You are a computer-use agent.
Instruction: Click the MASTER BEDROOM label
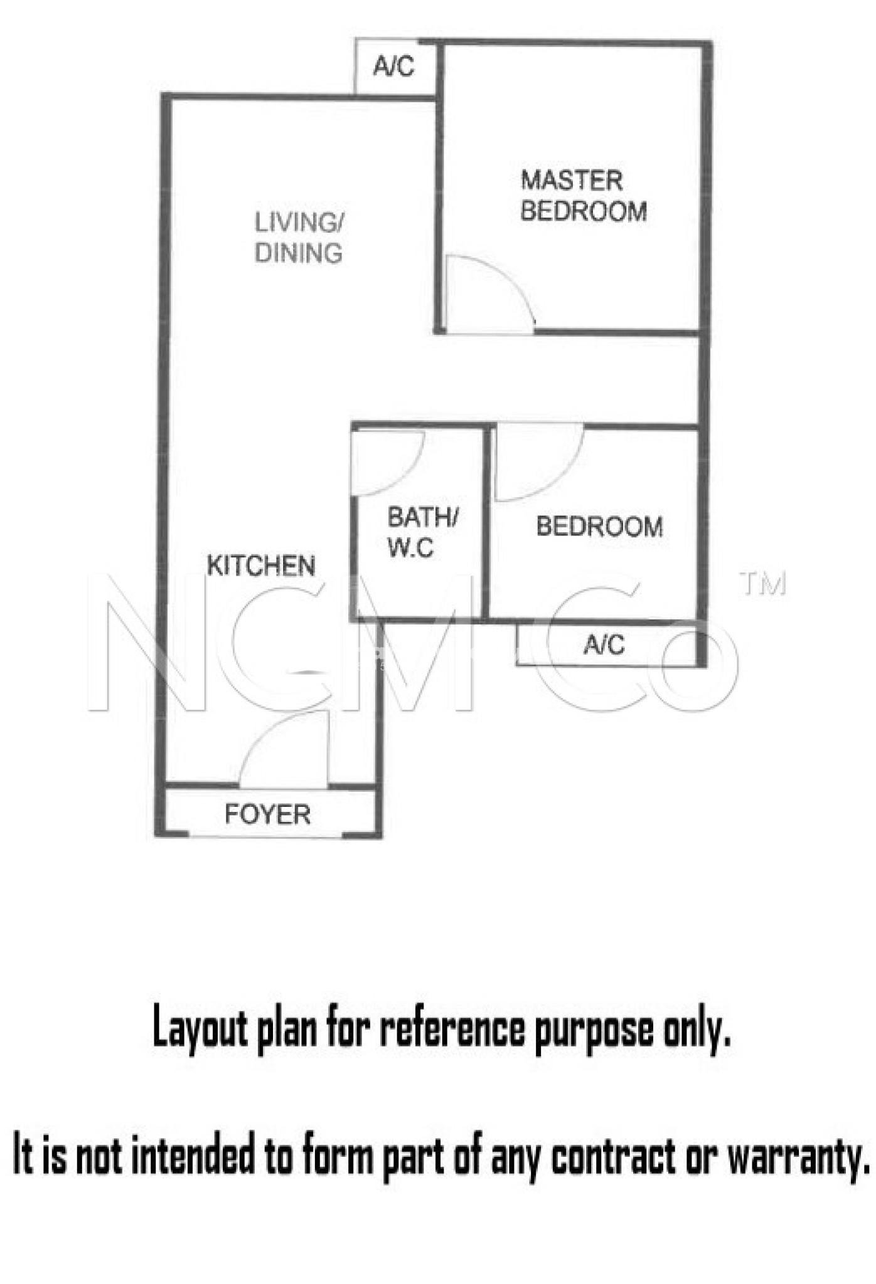pos(584,196)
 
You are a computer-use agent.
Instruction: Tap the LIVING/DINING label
pos(299,238)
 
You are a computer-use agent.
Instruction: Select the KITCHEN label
pos(261,566)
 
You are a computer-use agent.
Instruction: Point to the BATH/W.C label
pos(423,532)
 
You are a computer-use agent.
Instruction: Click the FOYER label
pos(268,814)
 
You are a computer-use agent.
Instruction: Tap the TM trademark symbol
pos(762,583)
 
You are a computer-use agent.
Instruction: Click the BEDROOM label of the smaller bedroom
pos(599,527)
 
